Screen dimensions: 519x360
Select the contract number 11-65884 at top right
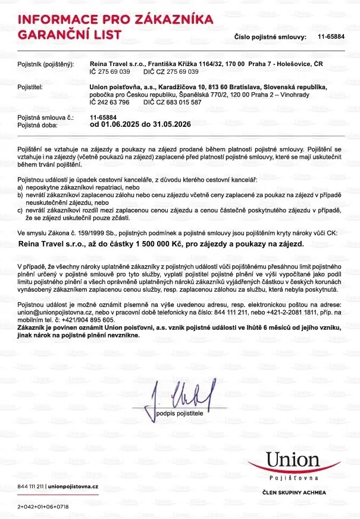click(331, 37)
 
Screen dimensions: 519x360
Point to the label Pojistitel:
click(30, 87)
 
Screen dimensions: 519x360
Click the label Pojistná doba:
click(37, 126)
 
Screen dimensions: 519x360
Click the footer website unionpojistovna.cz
click(74, 486)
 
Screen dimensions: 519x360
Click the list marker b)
click(20, 195)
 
